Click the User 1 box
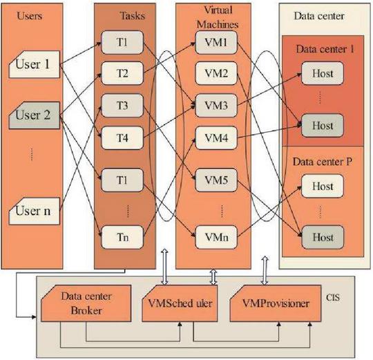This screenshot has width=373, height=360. (x=35, y=64)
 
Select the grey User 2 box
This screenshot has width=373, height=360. (x=35, y=115)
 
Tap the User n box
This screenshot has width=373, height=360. (x=35, y=211)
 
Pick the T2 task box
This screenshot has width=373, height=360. (x=122, y=73)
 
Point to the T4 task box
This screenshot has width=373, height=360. (x=122, y=138)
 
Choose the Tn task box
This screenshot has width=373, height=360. (x=122, y=237)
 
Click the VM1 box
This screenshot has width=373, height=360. (x=216, y=42)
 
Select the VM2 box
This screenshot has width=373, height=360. (x=216, y=73)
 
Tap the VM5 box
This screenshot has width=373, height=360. (x=216, y=180)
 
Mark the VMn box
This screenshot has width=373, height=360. (x=216, y=237)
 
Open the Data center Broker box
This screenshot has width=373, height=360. (x=86, y=303)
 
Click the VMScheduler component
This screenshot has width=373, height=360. (x=180, y=303)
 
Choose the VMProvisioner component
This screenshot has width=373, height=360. (x=276, y=303)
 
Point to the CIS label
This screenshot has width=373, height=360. (x=332, y=297)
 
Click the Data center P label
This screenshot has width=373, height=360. (x=323, y=162)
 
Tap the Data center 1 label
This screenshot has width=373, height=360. (x=325, y=49)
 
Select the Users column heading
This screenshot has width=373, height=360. (x=30, y=16)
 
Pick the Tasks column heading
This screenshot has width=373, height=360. (x=133, y=16)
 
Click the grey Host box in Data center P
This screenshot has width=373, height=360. (x=323, y=237)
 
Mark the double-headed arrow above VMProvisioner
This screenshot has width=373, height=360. (x=265, y=270)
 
